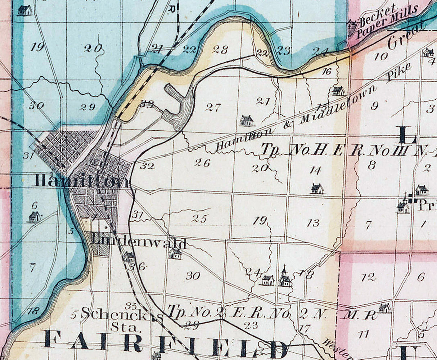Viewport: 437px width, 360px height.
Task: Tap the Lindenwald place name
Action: (138, 242)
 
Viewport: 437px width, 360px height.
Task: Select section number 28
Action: (220, 50)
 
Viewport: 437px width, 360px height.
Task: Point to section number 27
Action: (212, 107)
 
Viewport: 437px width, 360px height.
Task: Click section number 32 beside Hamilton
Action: (148, 166)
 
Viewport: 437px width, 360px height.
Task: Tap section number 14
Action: (315, 170)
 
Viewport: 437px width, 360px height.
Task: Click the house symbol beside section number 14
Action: (317, 188)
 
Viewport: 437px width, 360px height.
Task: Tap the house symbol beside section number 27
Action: (247, 121)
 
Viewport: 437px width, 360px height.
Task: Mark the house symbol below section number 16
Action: (338, 90)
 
